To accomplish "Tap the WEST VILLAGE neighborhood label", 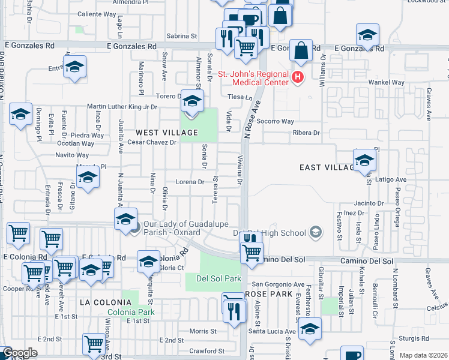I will [x=167, y=132].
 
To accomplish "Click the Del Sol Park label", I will [x=213, y=279].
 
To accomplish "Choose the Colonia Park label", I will [x=131, y=312].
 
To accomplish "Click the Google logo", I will [x=20, y=353].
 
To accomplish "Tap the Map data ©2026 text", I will [x=424, y=355].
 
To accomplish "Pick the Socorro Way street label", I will [x=276, y=121].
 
